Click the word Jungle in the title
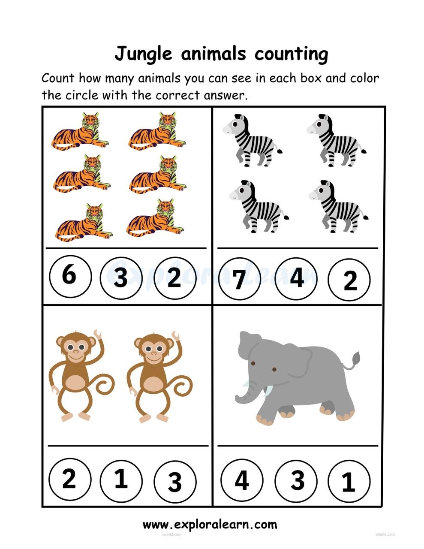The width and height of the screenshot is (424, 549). click(x=143, y=54)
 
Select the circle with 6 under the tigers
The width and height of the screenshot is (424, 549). click(x=70, y=275)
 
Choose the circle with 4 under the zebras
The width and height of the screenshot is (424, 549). click(x=296, y=278)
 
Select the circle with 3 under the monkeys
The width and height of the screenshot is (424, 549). click(x=174, y=482)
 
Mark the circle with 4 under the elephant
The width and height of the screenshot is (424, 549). click(x=242, y=480)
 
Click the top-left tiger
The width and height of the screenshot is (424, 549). click(x=80, y=130)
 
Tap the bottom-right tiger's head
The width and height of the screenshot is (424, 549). click(x=165, y=209)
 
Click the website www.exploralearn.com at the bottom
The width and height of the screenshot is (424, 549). click(x=210, y=524)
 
